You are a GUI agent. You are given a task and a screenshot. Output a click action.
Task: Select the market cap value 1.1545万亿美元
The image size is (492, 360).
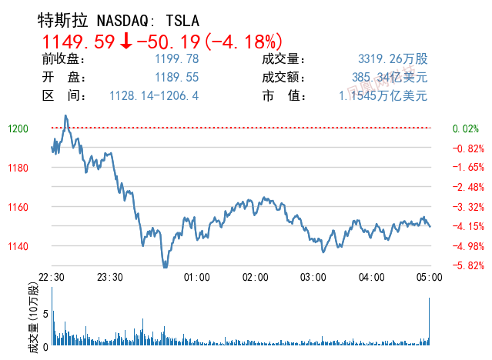(383, 96)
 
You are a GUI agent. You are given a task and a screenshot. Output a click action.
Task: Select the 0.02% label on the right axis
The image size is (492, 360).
(466, 128)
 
